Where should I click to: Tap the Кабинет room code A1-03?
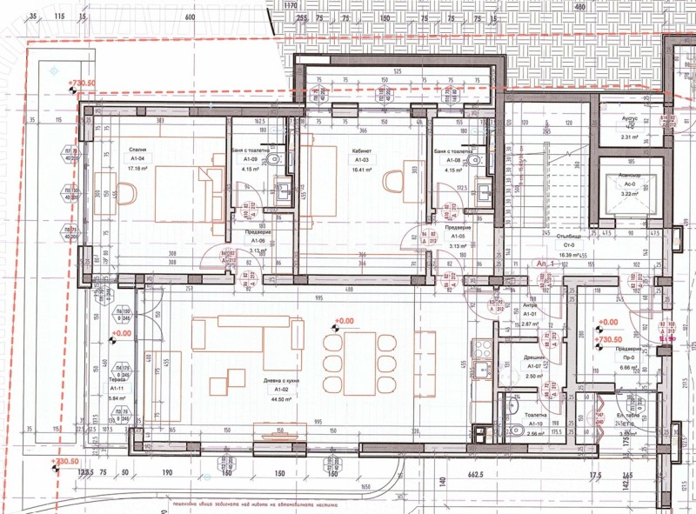tap(361, 160)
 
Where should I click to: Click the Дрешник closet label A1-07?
tap(534, 366)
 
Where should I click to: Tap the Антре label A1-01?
tap(530, 315)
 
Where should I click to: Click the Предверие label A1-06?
tap(257, 240)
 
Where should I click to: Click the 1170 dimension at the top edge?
tap(291, 5)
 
